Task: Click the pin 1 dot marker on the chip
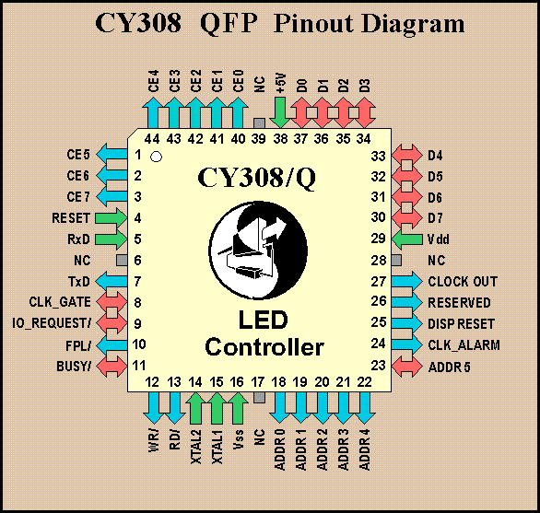tap(156, 157)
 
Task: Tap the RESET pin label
tap(71, 218)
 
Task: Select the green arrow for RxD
tap(112, 239)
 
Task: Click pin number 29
tap(378, 239)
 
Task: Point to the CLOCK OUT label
tap(463, 282)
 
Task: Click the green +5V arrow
tap(279, 112)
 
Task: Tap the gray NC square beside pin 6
tap(122, 261)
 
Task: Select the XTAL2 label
tap(195, 446)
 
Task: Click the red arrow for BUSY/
tap(112, 366)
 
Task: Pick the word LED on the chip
tap(264, 320)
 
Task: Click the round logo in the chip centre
tap(258, 251)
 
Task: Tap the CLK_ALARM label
tap(464, 345)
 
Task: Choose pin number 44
tap(152, 139)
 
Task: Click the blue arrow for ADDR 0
tap(279, 408)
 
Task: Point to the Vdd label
tap(439, 239)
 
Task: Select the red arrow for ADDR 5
tap(406, 367)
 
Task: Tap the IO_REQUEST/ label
tap(52, 323)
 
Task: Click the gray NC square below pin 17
tap(259, 397)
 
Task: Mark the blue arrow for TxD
tap(112, 281)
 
